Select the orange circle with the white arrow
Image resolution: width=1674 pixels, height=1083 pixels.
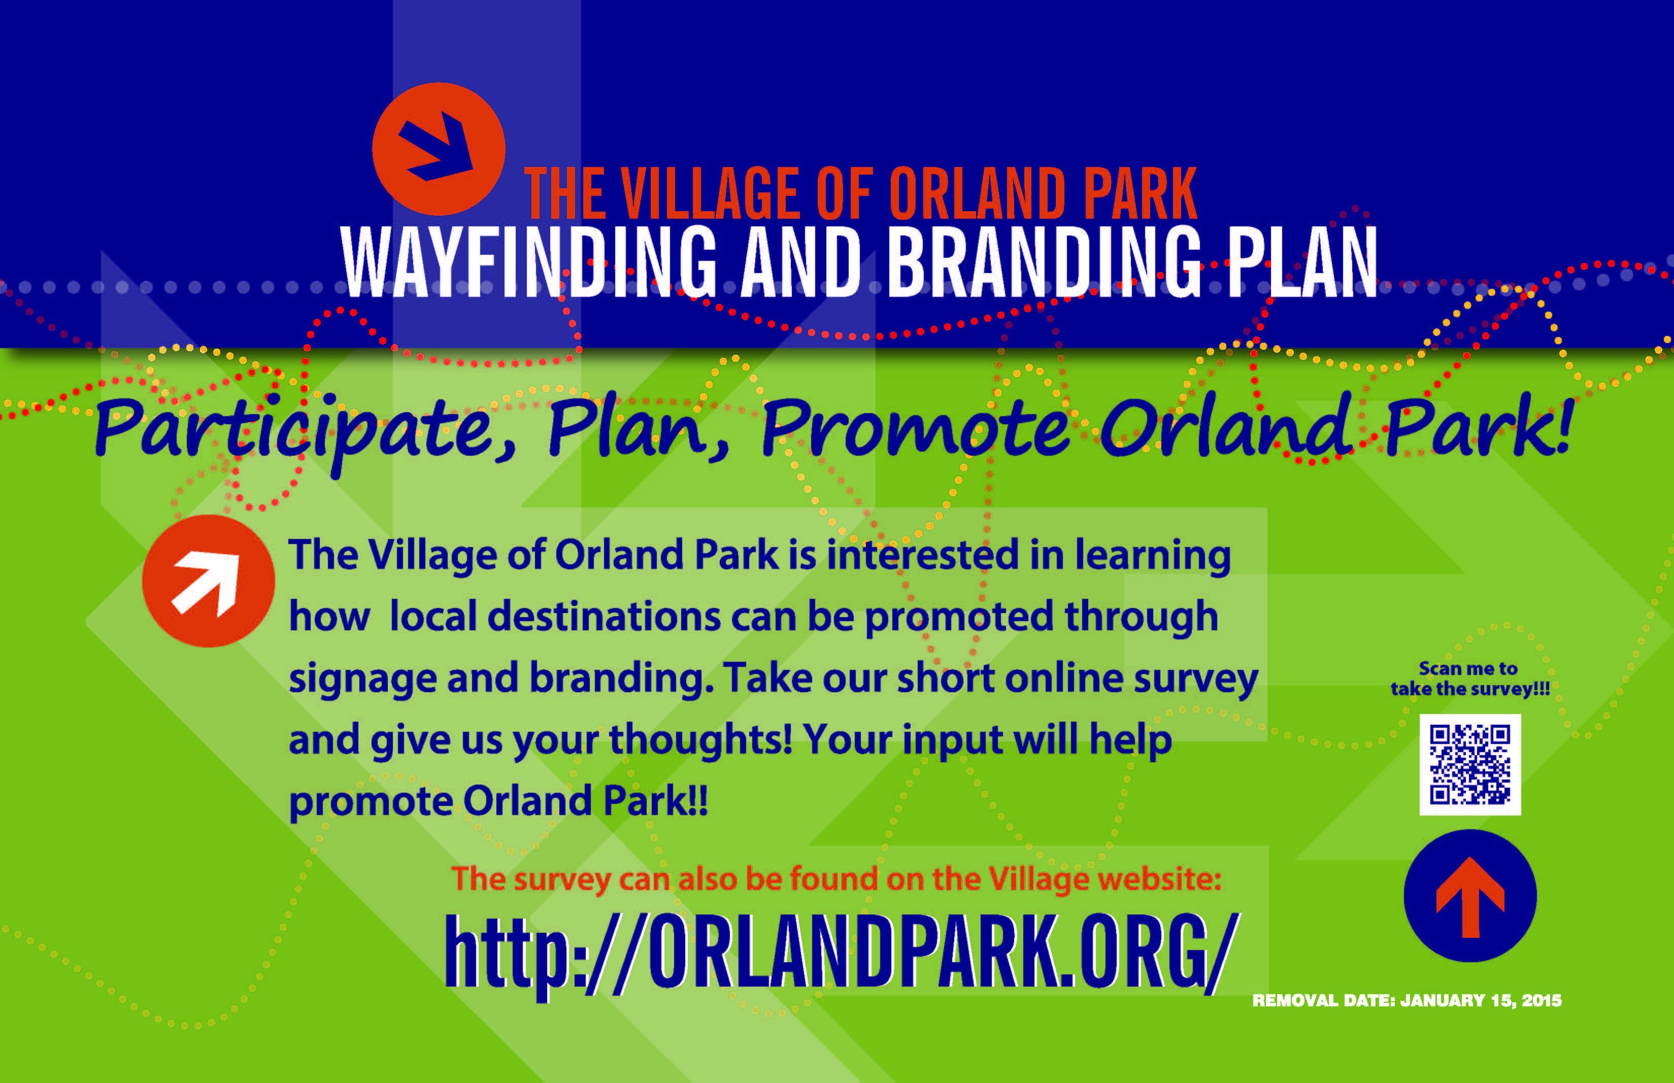coord(208,581)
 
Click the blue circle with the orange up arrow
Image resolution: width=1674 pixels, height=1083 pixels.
coord(1470,896)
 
